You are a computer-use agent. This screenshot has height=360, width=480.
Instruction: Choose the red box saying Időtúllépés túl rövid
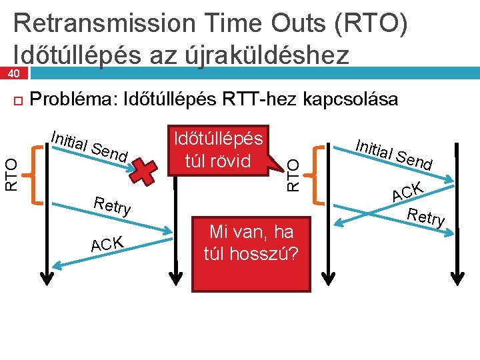pyautogui.click(x=218, y=150)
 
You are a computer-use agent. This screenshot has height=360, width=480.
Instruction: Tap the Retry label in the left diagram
pyautogui.click(x=112, y=205)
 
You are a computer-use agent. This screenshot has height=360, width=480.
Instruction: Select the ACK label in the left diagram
pyautogui.click(x=107, y=245)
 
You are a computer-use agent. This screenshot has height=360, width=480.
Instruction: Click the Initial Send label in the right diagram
pyautogui.click(x=394, y=153)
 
